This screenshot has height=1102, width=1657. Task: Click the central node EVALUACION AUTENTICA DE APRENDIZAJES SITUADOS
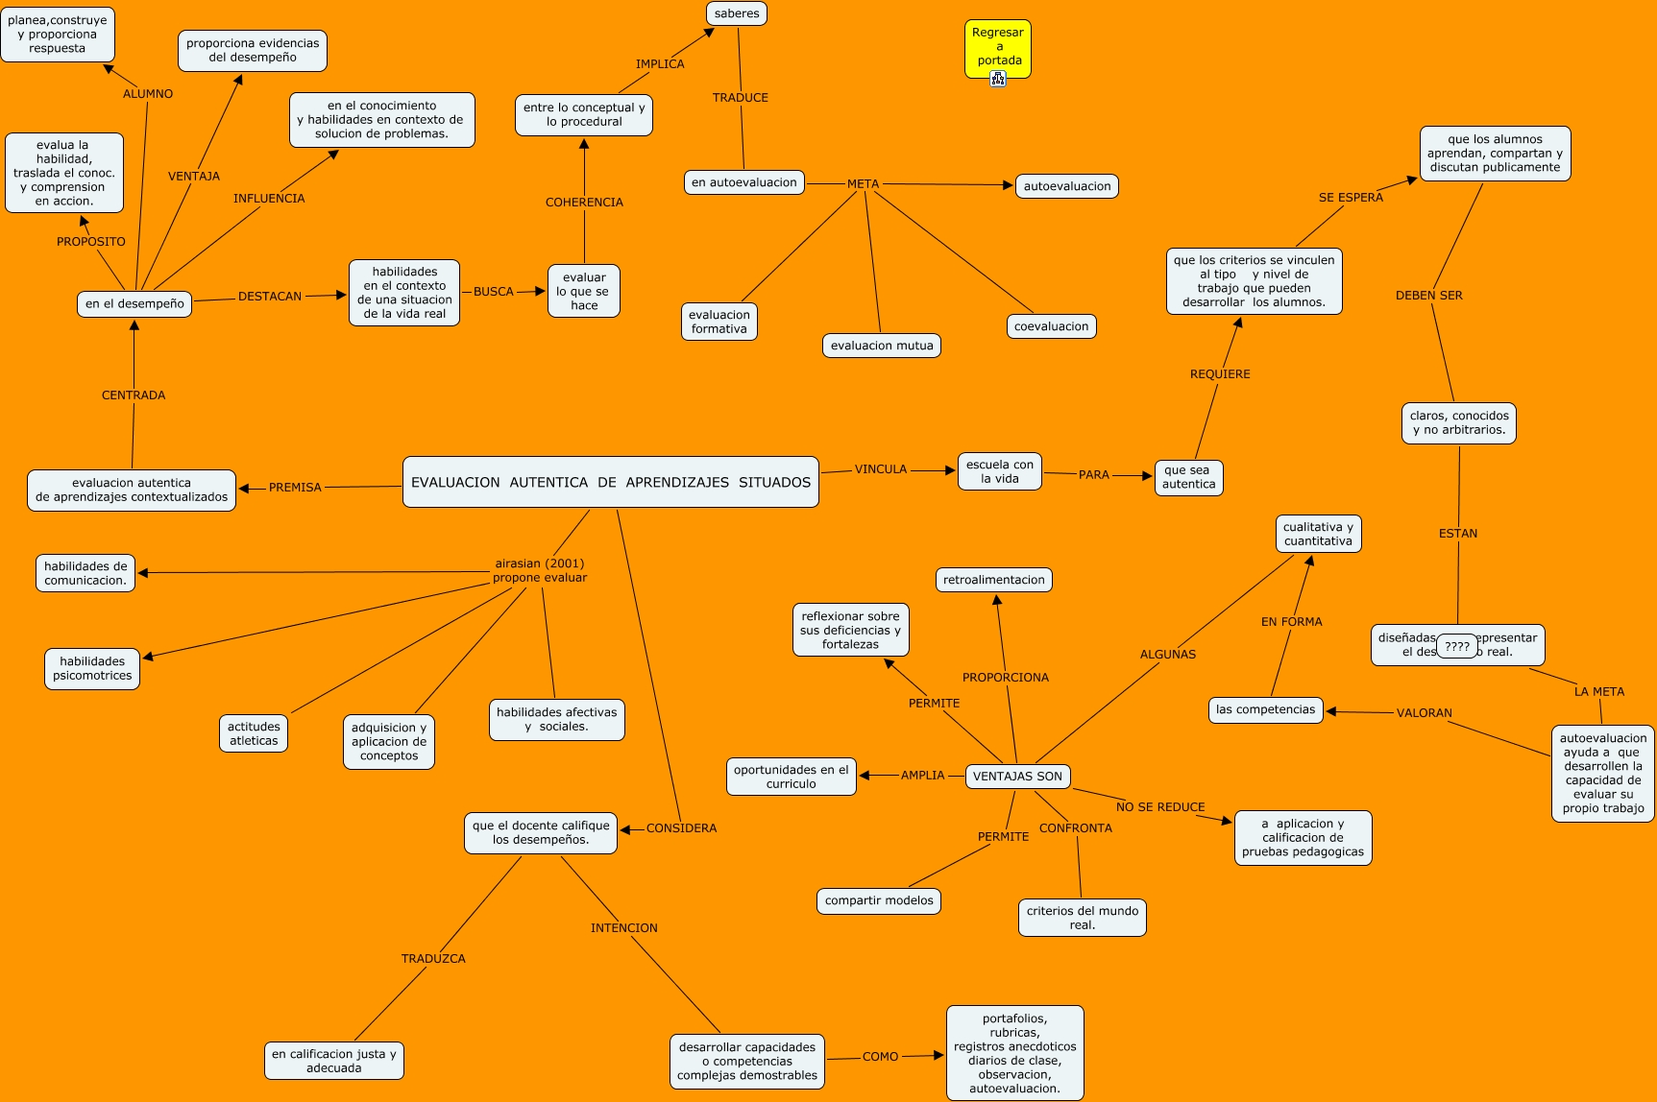click(611, 482)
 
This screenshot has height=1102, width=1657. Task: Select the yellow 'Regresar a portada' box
click(998, 46)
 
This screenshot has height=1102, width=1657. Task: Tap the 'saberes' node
click(737, 13)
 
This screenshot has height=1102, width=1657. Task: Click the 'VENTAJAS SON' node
click(1017, 777)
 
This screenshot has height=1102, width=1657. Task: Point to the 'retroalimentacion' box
click(993, 580)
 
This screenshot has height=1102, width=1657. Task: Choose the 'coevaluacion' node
click(1051, 326)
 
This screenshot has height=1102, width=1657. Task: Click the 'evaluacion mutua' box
click(882, 346)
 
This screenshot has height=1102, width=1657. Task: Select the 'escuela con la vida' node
click(1000, 471)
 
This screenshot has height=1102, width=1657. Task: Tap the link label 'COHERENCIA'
click(584, 203)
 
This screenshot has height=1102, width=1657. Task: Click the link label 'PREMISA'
click(295, 488)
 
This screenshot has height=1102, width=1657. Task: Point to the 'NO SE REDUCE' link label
click(1160, 807)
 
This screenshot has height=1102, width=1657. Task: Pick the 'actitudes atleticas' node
click(254, 733)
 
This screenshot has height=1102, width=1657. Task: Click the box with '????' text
click(1457, 646)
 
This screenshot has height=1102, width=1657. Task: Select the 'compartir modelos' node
click(879, 900)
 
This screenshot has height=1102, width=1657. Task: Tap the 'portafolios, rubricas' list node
click(1015, 1053)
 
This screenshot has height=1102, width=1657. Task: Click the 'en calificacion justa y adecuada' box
click(334, 1061)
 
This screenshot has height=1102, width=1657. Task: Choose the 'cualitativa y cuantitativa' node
click(1318, 534)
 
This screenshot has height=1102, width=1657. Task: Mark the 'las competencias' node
click(1265, 709)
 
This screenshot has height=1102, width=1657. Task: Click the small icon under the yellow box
click(998, 79)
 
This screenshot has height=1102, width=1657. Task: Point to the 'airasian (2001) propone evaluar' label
click(540, 570)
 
